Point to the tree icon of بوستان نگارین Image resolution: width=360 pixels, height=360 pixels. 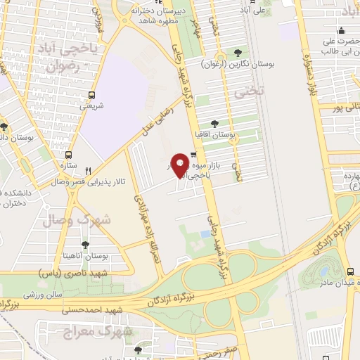point(238,52)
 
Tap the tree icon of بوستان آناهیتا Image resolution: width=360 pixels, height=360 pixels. point(85,245)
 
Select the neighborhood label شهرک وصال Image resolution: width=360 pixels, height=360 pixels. point(91,219)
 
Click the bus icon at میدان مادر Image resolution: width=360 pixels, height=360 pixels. point(350,271)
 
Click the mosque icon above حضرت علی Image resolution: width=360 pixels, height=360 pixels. point(342,30)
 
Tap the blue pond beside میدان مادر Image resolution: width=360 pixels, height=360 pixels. point(325,271)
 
